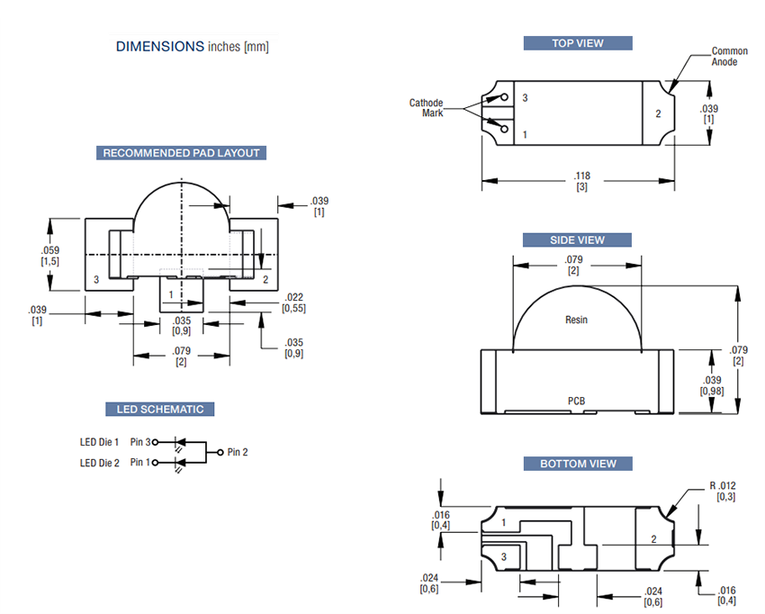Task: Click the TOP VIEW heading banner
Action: point(578,43)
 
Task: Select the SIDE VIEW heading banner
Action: point(578,240)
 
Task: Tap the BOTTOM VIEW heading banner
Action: point(578,464)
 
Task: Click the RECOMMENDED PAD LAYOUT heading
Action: point(181,153)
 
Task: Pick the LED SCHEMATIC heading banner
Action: point(160,410)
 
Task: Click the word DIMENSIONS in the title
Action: point(160,46)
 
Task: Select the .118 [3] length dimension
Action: point(581,181)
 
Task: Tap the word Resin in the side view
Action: point(576,320)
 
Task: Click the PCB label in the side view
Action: point(577,401)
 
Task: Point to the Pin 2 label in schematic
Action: point(238,452)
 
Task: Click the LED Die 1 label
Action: point(99,442)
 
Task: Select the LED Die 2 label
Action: point(99,463)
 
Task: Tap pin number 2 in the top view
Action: point(658,114)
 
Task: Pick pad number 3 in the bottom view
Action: point(504,558)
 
